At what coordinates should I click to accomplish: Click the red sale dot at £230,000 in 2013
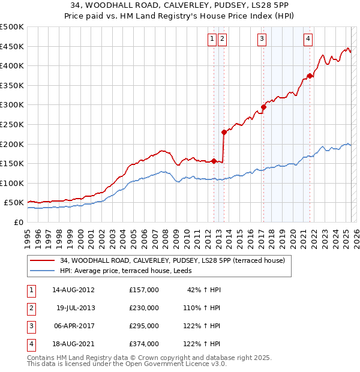224,132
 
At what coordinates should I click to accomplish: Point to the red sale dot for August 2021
310,76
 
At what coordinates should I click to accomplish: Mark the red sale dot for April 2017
263,107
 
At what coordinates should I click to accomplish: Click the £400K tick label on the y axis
12,65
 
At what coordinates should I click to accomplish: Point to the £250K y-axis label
12,124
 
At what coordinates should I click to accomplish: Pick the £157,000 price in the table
144,290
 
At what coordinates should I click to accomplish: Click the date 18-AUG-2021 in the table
74,344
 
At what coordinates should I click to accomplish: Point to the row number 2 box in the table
31,308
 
